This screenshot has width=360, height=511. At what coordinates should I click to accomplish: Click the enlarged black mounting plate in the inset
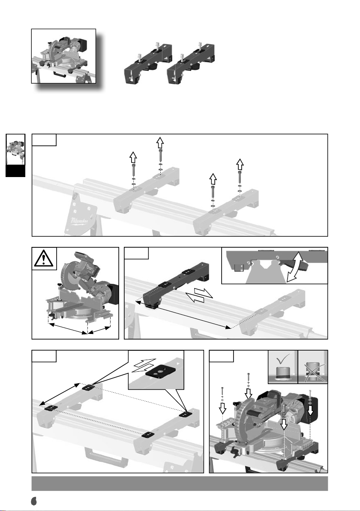click(161, 373)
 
